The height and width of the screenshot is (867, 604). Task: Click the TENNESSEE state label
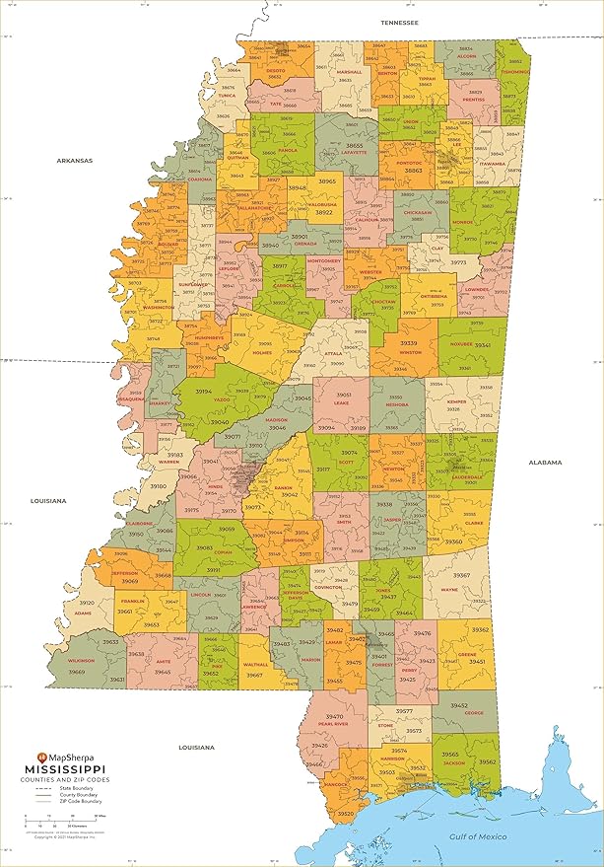click(x=400, y=21)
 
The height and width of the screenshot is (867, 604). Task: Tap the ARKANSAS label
click(x=74, y=160)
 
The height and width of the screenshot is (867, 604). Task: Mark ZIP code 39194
click(x=204, y=392)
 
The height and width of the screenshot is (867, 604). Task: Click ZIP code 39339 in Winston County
click(x=408, y=343)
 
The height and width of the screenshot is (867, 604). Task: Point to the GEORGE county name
click(x=474, y=713)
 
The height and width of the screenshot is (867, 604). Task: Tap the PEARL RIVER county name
click(x=334, y=724)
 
